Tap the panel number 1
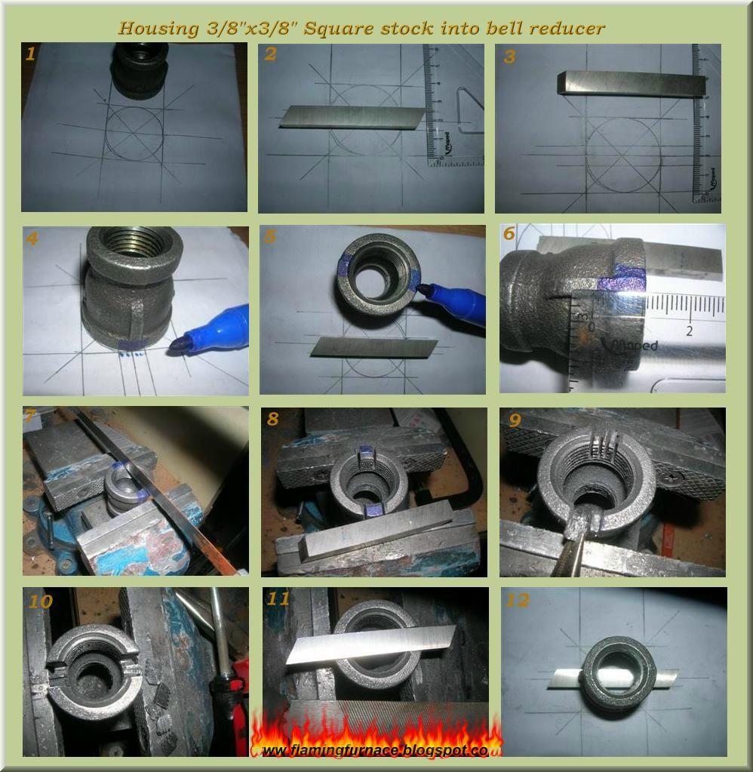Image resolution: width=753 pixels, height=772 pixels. pyautogui.click(x=30, y=54)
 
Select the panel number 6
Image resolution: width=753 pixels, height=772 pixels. pyautogui.click(x=509, y=235)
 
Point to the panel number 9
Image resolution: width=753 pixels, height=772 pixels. pyautogui.click(x=515, y=420)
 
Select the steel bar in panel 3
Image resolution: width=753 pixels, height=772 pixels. pyautogui.click(x=632, y=83)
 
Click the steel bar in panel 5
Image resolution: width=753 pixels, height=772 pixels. pyautogui.click(x=374, y=346)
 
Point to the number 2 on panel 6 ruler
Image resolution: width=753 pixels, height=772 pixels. pyautogui.click(x=690, y=331)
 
